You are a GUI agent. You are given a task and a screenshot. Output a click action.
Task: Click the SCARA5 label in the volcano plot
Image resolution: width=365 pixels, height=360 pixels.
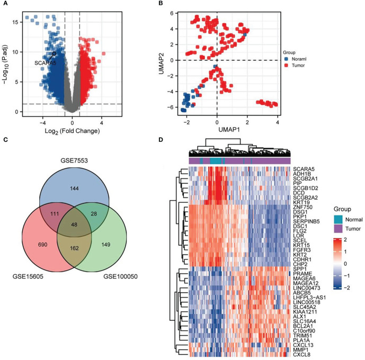pos(44,63)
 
